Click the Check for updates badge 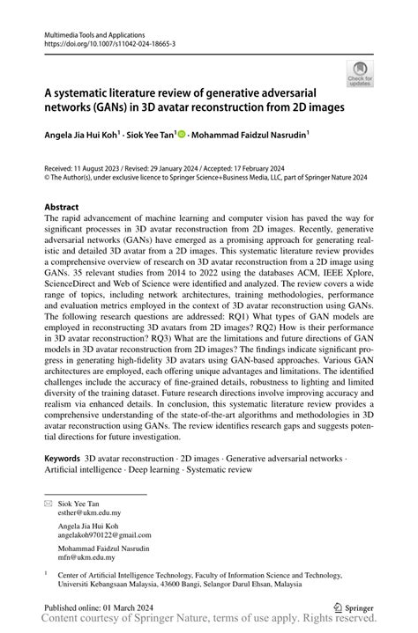coord(360,73)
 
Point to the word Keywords coord(62,459)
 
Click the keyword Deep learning coord(156,470)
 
